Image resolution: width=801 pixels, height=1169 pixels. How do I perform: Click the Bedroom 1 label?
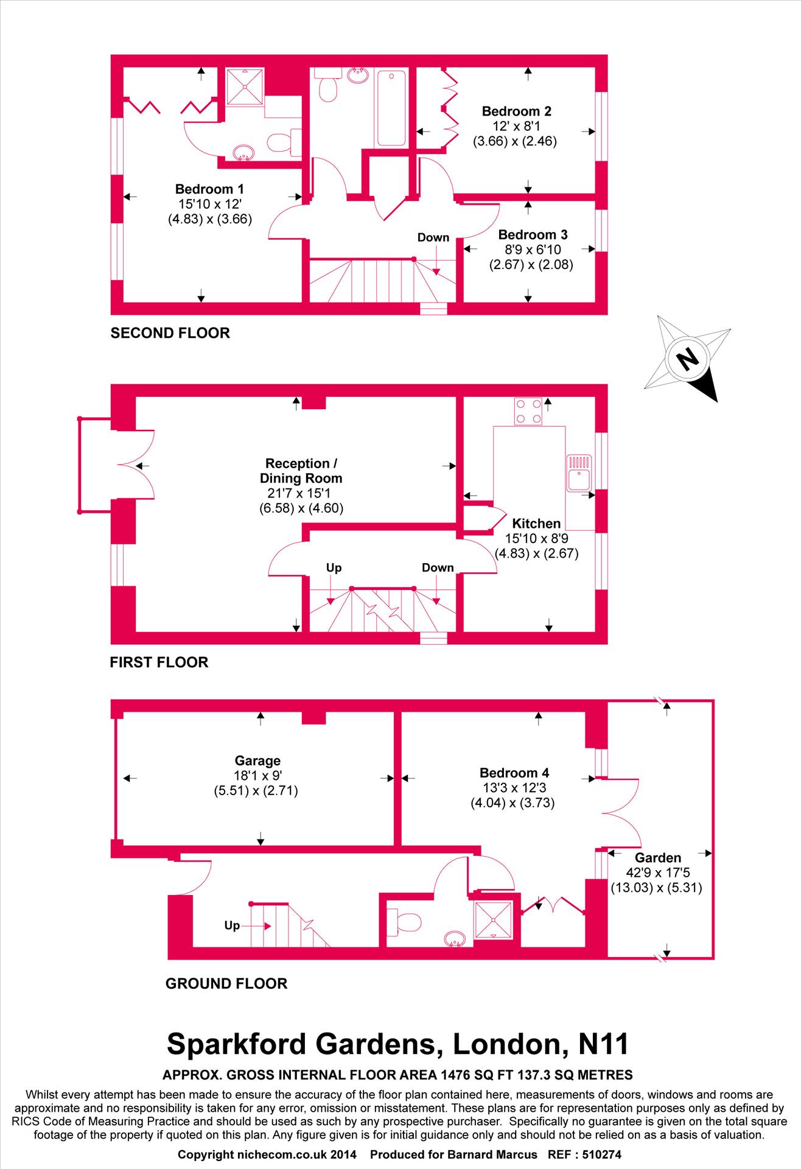(209, 189)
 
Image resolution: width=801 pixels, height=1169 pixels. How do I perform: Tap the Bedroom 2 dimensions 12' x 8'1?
(516, 127)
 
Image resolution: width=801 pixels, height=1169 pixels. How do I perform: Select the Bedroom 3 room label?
(533, 235)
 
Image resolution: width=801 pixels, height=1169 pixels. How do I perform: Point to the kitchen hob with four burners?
(528, 411)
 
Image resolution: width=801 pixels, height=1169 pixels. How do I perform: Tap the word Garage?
(257, 760)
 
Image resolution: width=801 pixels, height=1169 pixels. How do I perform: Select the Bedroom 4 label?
(514, 773)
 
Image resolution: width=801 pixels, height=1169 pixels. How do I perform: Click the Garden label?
(658, 858)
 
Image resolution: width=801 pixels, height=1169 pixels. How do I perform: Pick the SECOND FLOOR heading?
(170, 333)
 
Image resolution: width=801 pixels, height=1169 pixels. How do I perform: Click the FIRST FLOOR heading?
(159, 662)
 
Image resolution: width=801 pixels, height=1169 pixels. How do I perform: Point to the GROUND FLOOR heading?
(226, 983)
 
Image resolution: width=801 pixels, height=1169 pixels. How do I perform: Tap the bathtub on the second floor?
(391, 108)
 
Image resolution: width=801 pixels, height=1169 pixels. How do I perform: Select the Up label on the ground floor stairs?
(232, 925)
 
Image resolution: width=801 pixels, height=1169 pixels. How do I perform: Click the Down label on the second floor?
(433, 237)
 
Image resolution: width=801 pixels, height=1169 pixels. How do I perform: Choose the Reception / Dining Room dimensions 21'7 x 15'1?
(301, 493)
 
